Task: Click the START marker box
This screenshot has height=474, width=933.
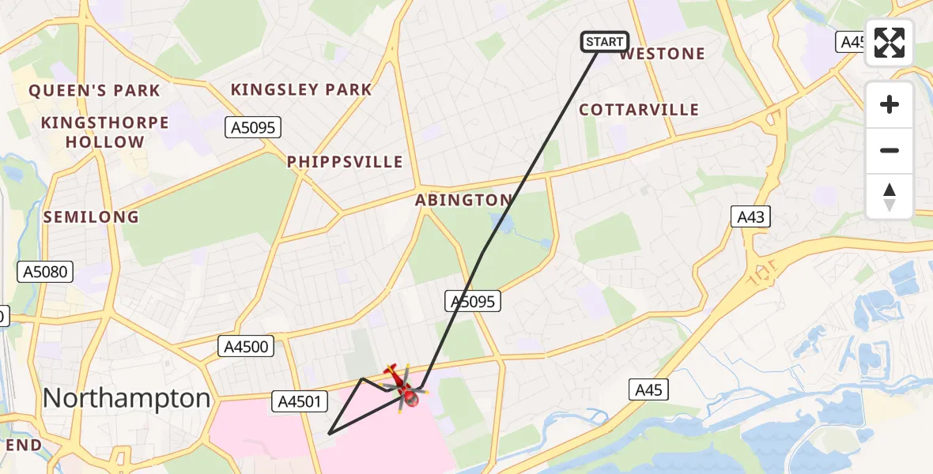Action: [605, 42]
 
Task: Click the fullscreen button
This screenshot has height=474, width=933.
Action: [890, 43]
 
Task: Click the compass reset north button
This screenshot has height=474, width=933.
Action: [890, 197]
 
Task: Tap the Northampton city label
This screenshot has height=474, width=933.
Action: [127, 398]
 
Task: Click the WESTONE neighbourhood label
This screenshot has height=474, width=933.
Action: [662, 54]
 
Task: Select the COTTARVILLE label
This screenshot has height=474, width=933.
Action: [639, 110]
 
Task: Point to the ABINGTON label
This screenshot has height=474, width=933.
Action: [463, 200]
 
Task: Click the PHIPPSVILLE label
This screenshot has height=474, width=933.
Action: [345, 162]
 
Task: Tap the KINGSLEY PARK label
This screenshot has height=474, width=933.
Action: [301, 90]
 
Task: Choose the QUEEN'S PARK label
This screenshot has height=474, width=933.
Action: [95, 91]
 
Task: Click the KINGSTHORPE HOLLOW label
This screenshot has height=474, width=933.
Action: [105, 133]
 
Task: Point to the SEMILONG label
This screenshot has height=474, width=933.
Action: [91, 216]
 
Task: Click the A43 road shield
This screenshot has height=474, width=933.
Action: [750, 216]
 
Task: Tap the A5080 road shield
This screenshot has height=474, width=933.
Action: [45, 273]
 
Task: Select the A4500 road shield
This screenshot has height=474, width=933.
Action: [246, 345]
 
